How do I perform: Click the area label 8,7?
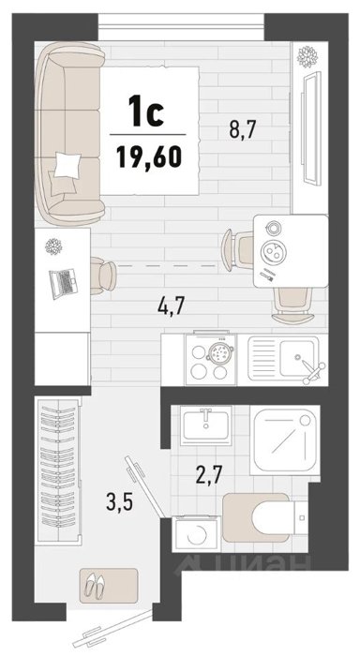[243, 129]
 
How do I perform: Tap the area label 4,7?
[172, 306]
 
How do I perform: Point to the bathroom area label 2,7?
[208, 476]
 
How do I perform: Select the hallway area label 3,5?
[120, 501]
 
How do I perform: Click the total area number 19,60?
[149, 157]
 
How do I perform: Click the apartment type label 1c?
[145, 111]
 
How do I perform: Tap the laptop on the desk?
[63, 283]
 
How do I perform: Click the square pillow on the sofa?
[67, 164]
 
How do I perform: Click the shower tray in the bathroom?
[285, 440]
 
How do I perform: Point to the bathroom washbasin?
[205, 425]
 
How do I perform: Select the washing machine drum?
[197, 535]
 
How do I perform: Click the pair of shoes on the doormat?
[95, 585]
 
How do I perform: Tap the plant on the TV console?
[307, 56]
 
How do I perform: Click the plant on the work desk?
[53, 246]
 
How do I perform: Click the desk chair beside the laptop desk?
[103, 276]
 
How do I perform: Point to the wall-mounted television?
[310, 128]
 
